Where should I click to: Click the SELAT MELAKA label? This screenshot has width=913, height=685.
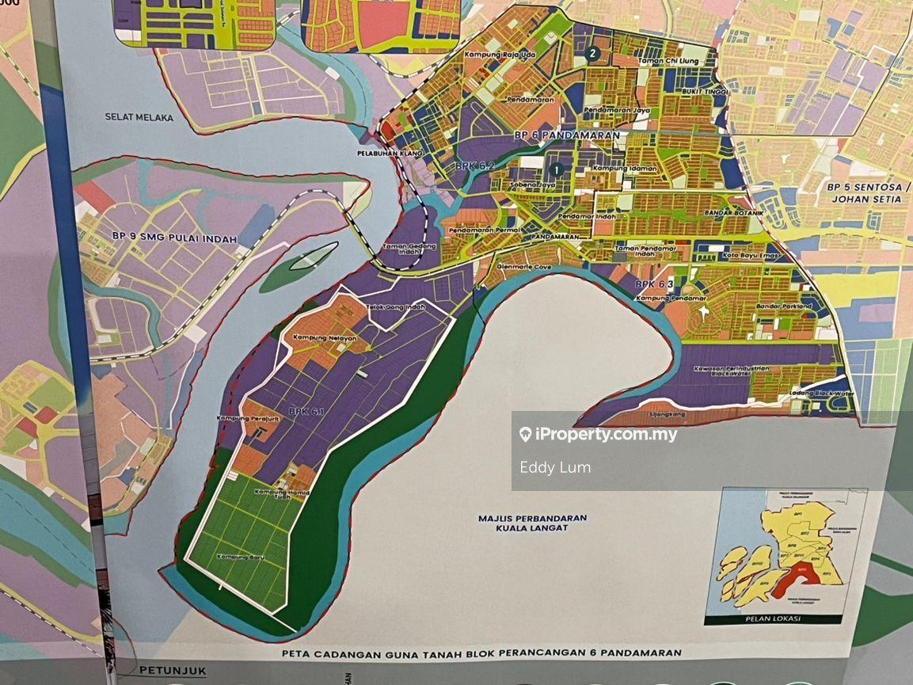click(139, 117)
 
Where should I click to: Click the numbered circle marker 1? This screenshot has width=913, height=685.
click(556, 169)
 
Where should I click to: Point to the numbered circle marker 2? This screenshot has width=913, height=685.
click(592, 54)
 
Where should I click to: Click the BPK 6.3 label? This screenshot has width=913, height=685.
click(654, 284)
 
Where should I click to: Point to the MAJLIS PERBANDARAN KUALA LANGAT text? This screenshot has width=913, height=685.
click(532, 523)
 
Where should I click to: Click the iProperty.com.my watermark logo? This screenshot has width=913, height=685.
click(598, 435)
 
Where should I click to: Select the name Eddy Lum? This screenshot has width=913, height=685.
click(555, 467)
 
